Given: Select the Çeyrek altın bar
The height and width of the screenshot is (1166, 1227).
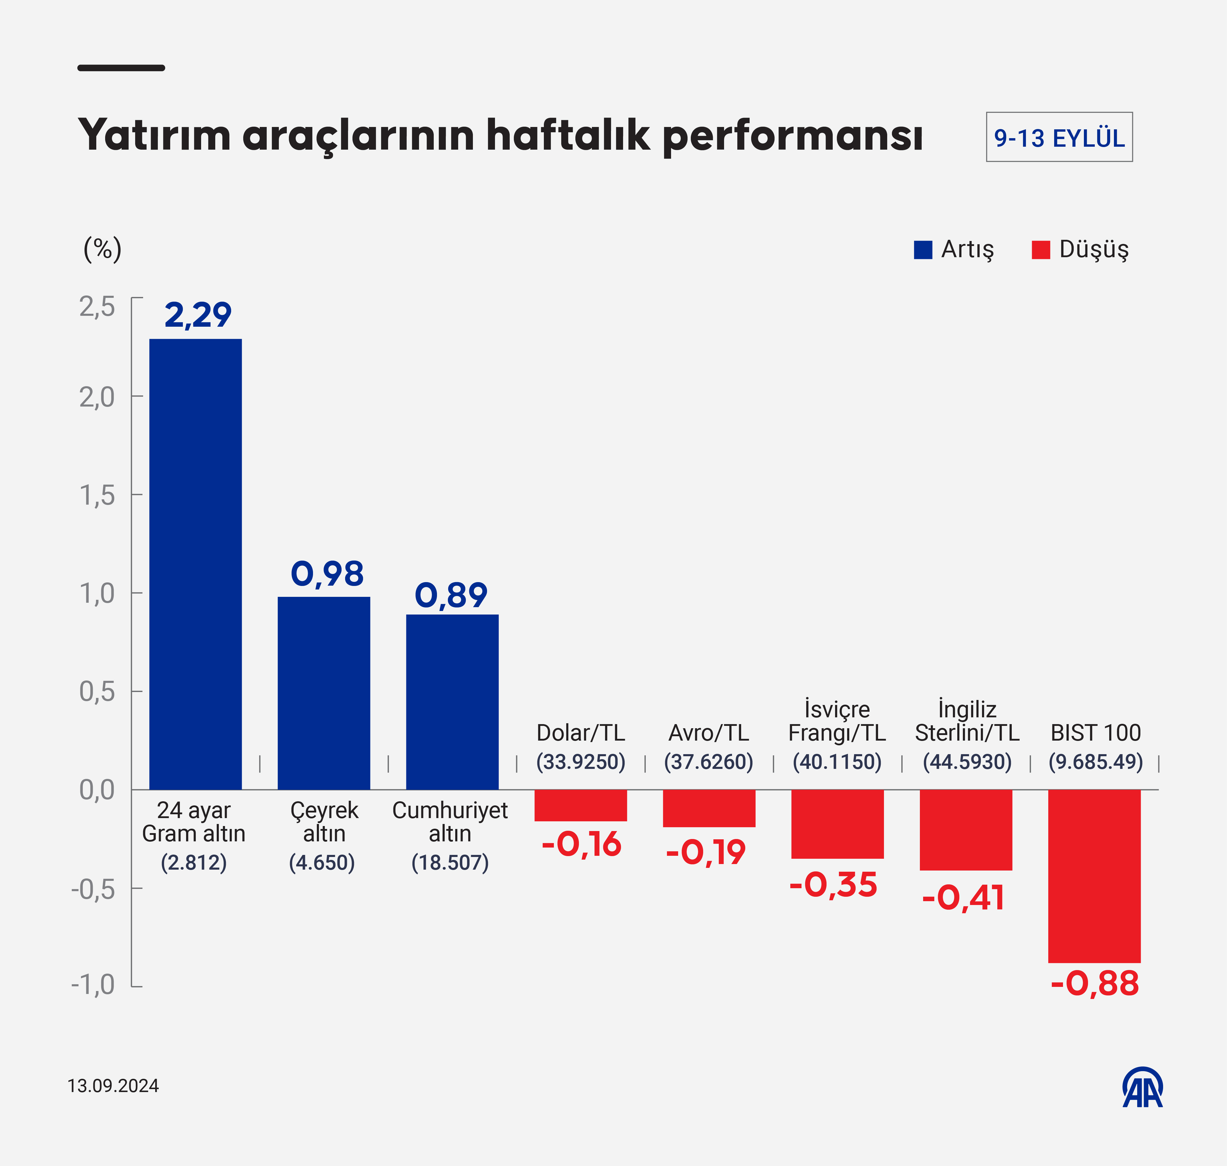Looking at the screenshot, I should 324,693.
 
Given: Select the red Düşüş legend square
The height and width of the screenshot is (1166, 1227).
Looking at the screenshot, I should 1041,250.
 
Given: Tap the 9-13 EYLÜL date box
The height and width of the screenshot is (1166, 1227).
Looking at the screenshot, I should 1059,137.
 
